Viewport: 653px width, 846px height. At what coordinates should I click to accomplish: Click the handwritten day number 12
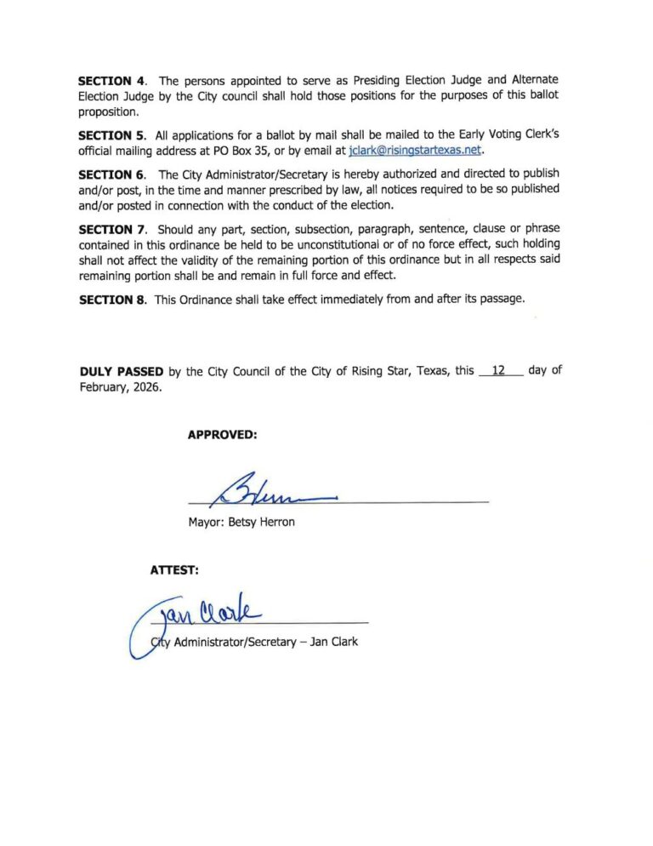[499, 370]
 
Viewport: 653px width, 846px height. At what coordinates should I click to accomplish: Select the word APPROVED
[222, 435]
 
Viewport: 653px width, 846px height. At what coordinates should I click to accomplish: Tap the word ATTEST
[174, 570]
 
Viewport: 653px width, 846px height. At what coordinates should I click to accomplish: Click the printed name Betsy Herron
[262, 522]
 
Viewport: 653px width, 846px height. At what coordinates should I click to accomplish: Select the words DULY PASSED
[122, 371]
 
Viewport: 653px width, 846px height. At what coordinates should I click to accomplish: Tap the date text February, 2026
[119, 386]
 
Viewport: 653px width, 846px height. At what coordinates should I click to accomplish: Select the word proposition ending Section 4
[108, 112]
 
